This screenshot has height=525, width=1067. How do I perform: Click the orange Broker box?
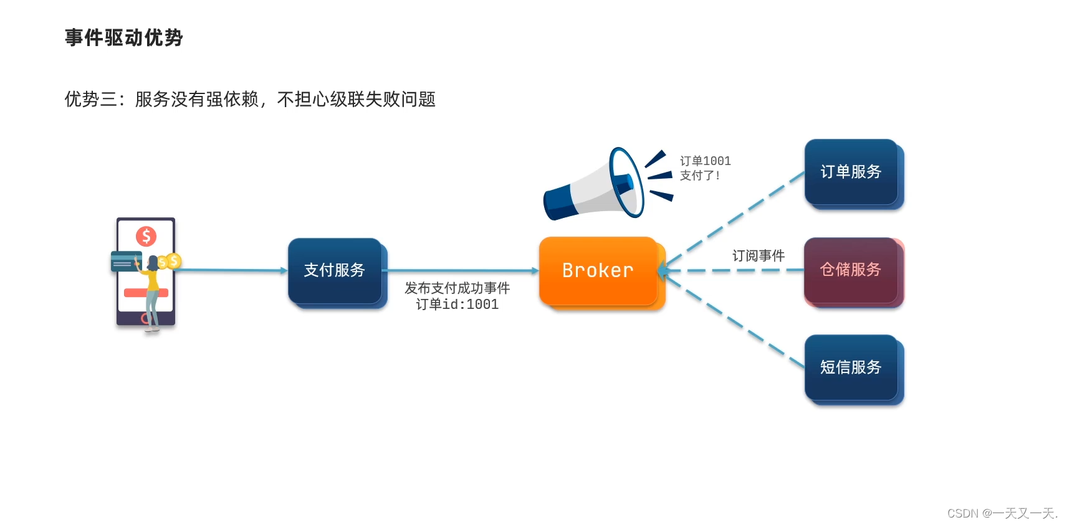[598, 270]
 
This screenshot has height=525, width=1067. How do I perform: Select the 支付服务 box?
[335, 270]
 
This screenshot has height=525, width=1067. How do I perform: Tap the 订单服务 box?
[851, 172]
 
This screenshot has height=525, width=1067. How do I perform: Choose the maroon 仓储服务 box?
[851, 270]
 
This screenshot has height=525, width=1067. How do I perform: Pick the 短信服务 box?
[851, 367]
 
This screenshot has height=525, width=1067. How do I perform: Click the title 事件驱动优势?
[124, 38]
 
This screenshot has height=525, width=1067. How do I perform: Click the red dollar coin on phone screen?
[146, 236]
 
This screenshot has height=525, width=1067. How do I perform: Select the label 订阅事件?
[758, 256]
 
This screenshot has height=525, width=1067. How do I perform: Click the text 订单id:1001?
[457, 305]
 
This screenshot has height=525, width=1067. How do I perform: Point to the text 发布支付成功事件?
[457, 288]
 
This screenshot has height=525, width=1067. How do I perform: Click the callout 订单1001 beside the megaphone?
[705, 161]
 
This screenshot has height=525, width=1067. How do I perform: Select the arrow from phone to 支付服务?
[231, 270]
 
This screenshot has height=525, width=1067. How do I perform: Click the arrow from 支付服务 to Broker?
[461, 270]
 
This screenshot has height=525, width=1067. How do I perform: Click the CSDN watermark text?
[1002, 513]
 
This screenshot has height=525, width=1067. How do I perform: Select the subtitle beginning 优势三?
[250, 99]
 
